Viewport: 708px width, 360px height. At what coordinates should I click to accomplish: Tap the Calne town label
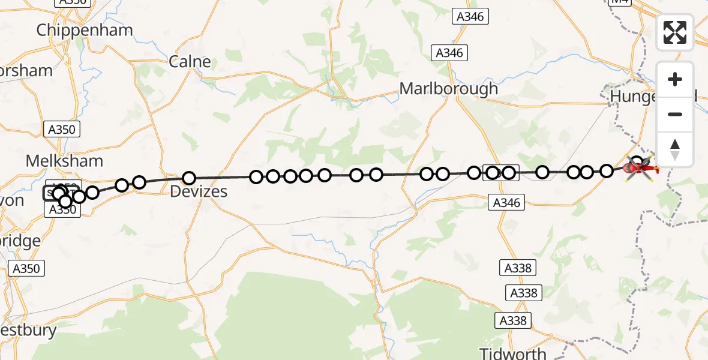click(x=190, y=61)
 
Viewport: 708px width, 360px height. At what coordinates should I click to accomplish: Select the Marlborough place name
click(x=449, y=89)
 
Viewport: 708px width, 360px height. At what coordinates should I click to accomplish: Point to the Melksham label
click(x=64, y=161)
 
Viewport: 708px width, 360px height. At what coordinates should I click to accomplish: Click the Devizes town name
click(x=199, y=192)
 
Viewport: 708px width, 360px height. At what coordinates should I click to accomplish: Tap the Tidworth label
click(x=513, y=353)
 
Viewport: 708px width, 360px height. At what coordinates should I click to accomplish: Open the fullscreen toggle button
click(x=675, y=32)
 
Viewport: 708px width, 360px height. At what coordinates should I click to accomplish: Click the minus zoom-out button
click(x=675, y=114)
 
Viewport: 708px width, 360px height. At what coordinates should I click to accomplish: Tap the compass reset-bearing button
click(x=675, y=149)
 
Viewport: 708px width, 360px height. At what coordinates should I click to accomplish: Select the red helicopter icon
click(x=639, y=170)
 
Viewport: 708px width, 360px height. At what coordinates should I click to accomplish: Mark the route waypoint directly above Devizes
click(x=189, y=178)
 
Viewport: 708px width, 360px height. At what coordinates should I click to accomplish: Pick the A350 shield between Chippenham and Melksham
click(x=62, y=129)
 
